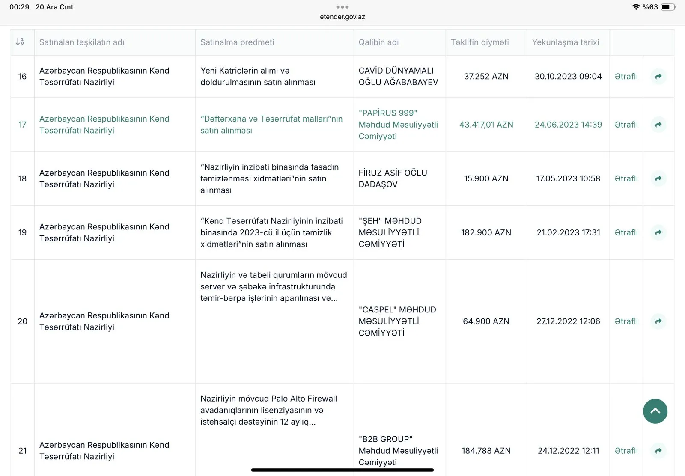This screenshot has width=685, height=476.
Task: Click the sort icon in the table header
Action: point(20,42)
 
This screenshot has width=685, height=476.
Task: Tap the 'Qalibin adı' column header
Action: point(378,42)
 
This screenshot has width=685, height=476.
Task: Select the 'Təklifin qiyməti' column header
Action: point(479,42)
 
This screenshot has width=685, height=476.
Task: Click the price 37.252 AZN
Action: point(486,77)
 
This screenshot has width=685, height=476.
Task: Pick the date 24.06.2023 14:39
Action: point(568,125)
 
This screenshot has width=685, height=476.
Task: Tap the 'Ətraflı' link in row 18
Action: point(626,178)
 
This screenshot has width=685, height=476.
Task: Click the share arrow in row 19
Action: point(658,232)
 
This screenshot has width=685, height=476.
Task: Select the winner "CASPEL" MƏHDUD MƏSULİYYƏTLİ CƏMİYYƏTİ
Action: point(397,321)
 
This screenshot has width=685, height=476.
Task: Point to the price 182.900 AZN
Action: point(486,232)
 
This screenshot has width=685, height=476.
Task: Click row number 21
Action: point(23,451)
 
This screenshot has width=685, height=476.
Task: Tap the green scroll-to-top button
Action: point(655,411)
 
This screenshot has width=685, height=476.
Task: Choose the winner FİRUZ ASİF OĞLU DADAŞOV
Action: point(393,178)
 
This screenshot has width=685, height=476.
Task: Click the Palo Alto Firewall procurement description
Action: point(268,410)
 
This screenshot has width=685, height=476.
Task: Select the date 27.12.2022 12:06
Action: point(568,321)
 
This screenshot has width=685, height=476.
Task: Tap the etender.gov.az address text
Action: point(342,17)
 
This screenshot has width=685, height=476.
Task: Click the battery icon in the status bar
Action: point(667,7)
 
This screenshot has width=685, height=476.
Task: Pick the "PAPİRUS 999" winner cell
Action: point(398,125)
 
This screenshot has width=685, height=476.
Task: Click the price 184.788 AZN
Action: point(486,451)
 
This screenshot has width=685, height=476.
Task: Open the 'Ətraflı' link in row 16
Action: point(626,77)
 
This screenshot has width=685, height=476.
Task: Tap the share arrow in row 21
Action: point(658,451)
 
